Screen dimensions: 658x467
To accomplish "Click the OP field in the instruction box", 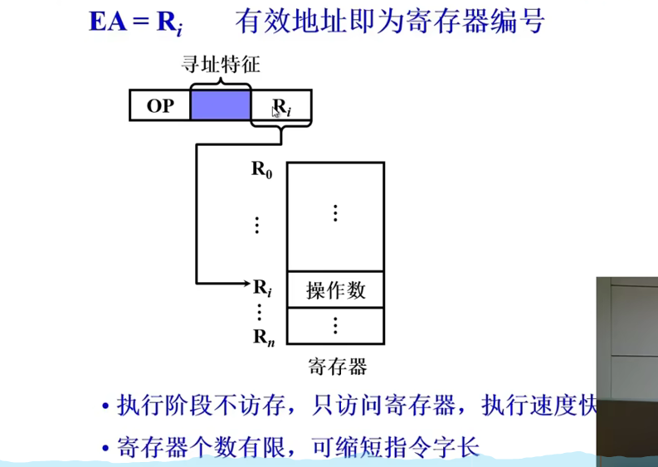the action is click(x=160, y=106).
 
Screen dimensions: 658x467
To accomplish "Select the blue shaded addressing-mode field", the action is click(x=220, y=106).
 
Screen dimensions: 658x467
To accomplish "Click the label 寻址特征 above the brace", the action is click(x=220, y=64).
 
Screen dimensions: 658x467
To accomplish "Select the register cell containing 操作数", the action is click(x=335, y=290).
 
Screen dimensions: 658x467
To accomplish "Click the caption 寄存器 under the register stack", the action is click(x=336, y=366).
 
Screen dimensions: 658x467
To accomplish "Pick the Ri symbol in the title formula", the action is click(x=168, y=22).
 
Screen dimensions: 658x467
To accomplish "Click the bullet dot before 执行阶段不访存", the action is click(x=105, y=407).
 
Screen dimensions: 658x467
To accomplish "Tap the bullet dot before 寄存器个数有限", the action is click(x=105, y=448).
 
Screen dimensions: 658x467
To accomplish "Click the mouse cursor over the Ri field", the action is click(x=275, y=111).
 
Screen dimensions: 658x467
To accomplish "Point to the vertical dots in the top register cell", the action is click(x=335, y=212).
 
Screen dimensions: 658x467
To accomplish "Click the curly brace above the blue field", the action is click(x=220, y=82).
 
